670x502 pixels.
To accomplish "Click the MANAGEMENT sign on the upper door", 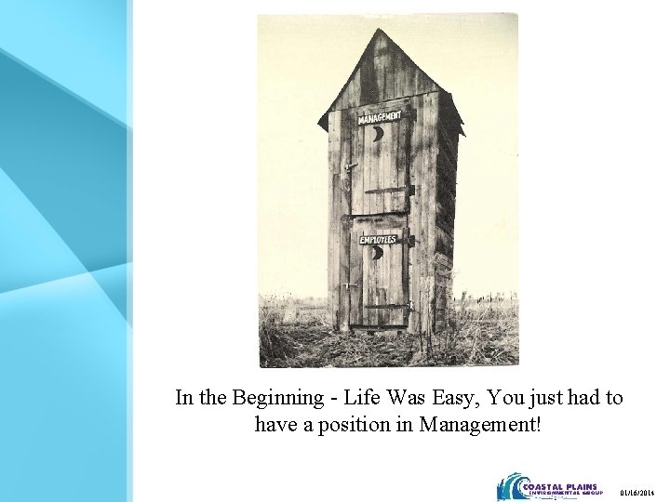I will (x=380, y=117).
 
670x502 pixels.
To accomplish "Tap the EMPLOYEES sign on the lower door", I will (x=379, y=240).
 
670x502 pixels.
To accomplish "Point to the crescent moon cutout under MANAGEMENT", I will (x=377, y=134).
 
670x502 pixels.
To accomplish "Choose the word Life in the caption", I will (x=356, y=398).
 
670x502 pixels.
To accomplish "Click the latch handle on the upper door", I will (x=349, y=168).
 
